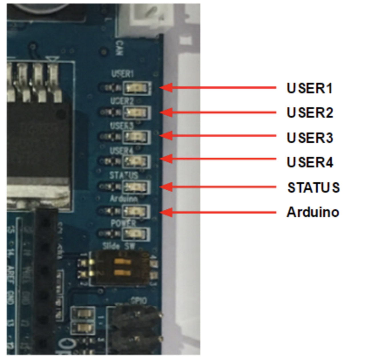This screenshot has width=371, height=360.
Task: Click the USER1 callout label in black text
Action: coord(310,88)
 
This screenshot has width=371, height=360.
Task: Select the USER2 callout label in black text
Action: coord(310,113)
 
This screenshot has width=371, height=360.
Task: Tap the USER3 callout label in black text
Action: coord(310,138)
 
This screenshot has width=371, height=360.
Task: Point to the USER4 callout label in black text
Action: coord(310,162)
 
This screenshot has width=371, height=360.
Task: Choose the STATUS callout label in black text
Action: coord(313,187)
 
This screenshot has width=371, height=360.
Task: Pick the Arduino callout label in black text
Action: coord(313,212)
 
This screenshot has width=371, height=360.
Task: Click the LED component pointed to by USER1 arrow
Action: coord(136,88)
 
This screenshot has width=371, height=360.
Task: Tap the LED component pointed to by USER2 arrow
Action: coord(136,113)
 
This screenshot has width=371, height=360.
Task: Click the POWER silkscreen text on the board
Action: coord(123,223)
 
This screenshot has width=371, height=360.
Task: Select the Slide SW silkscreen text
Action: coord(119,246)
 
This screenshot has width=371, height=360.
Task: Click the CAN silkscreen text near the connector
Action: coord(120,48)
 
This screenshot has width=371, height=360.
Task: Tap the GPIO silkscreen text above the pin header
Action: coord(139,301)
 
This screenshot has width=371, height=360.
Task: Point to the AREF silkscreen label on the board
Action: coord(10,275)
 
